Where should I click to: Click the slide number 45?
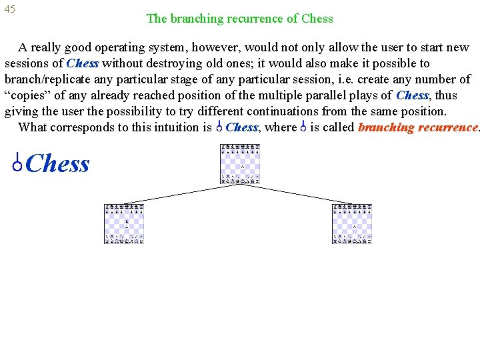(x=9, y=9)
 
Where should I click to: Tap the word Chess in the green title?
(x=317, y=18)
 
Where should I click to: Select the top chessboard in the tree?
(x=240, y=163)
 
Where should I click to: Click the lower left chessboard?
(x=124, y=224)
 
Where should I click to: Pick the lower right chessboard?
(x=352, y=224)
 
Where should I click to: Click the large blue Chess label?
(x=58, y=163)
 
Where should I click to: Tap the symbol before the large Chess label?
(x=18, y=163)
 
